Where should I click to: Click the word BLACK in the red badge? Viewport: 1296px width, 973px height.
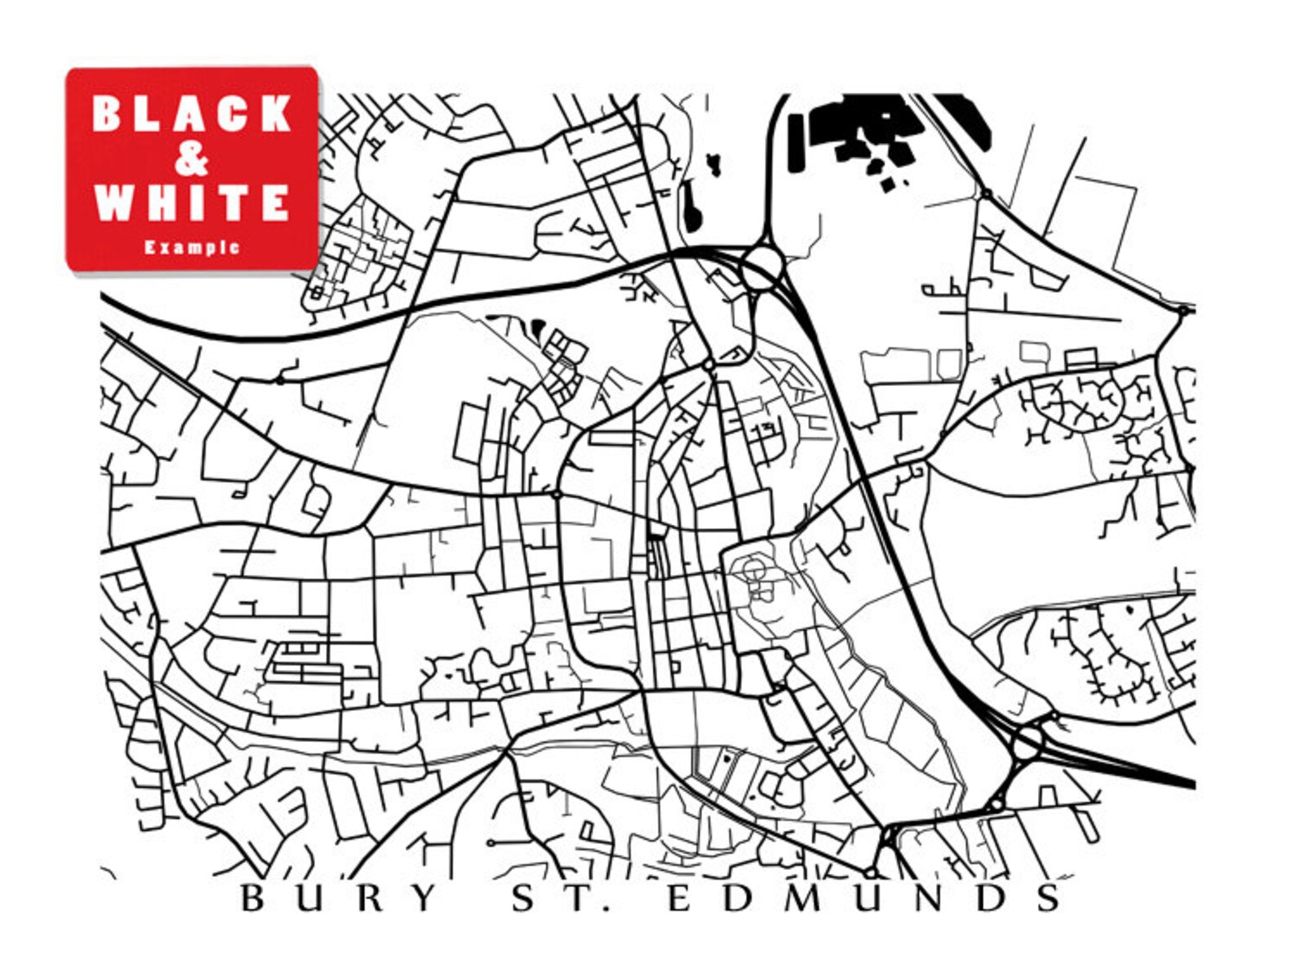point(192,113)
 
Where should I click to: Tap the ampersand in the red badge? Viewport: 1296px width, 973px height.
point(192,160)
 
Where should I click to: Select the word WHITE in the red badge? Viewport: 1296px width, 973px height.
point(192,202)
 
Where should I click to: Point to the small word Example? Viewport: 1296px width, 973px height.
point(192,247)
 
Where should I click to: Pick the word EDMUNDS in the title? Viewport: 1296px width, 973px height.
point(863,898)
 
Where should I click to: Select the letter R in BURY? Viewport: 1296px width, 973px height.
point(367,898)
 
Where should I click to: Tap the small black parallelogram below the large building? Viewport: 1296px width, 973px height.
point(887,185)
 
